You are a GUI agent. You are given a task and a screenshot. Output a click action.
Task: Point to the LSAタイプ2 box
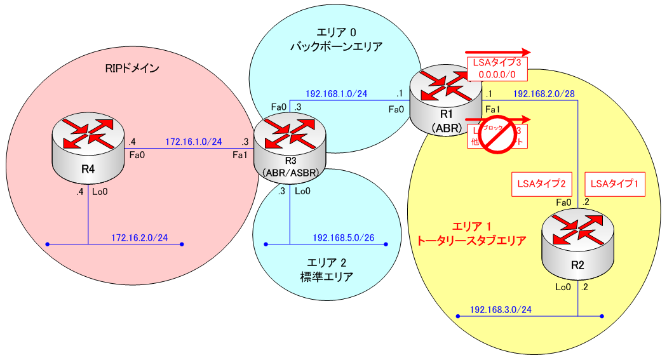pyautogui.click(x=542, y=184)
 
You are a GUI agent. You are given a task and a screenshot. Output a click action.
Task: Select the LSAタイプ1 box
pyautogui.click(x=614, y=184)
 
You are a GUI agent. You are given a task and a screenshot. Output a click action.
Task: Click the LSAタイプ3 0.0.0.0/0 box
pyautogui.click(x=498, y=69)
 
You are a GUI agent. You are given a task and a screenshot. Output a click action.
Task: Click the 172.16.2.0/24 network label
pyautogui.click(x=139, y=237)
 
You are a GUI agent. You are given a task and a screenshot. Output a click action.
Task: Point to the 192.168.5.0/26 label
pyautogui.click(x=343, y=237)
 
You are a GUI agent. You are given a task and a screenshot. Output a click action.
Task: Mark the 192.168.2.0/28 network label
pyautogui.click(x=544, y=94)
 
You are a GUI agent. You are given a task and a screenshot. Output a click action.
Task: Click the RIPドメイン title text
pyautogui.click(x=131, y=69)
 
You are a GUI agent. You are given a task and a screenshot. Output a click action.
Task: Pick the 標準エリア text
pyautogui.click(x=327, y=277)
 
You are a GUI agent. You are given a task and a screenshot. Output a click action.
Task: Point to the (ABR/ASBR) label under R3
pyautogui.click(x=290, y=172)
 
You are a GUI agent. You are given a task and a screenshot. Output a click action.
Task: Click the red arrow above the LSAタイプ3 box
pyautogui.click(x=497, y=53)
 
